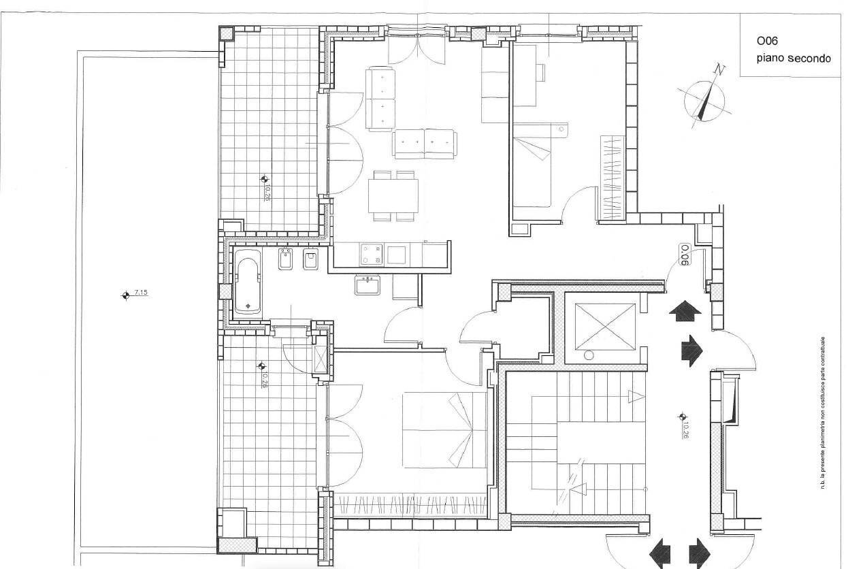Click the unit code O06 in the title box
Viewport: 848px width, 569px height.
(767, 42)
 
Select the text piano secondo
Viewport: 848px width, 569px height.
(793, 59)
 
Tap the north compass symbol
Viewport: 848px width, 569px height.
(708, 99)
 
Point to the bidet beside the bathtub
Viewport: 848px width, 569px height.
(286, 261)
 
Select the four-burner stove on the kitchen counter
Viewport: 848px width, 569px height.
(371, 255)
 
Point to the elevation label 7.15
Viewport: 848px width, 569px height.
(141, 293)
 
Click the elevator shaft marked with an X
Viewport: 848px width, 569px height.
(605, 326)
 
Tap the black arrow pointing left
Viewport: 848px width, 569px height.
(659, 552)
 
